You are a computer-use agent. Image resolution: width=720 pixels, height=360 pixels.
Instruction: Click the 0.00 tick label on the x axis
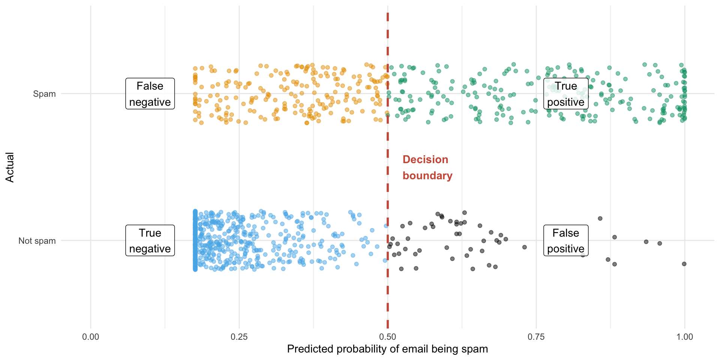[90, 337]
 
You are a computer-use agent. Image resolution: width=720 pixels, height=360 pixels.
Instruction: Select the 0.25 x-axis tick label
[239, 337]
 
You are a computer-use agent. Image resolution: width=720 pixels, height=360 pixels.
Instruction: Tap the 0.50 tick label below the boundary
[387, 337]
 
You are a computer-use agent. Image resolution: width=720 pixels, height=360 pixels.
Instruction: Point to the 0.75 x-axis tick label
[536, 337]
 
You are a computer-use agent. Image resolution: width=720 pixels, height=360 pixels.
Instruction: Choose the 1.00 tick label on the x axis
[684, 337]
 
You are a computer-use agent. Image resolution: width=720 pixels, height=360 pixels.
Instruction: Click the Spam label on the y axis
[44, 94]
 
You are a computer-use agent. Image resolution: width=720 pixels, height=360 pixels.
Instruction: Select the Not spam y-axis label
[37, 241]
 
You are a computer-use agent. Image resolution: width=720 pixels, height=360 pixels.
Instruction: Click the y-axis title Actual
[10, 167]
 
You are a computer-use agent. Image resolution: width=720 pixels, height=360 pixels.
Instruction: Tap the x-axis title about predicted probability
[387, 349]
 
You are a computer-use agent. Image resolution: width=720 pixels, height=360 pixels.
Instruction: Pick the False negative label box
[150, 94]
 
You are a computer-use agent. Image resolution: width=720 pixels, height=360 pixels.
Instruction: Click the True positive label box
[566, 94]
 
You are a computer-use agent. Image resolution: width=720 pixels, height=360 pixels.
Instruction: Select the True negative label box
[150, 241]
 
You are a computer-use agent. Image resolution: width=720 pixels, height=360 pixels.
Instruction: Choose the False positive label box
[566, 241]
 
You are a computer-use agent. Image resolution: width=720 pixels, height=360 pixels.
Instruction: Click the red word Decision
[425, 160]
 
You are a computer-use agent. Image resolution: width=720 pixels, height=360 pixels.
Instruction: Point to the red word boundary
[427, 176]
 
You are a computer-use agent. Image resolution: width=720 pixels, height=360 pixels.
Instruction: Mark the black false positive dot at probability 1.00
[684, 264]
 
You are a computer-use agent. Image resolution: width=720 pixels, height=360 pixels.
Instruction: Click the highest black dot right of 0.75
[600, 219]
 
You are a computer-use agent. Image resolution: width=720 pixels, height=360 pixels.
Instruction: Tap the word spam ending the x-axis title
[475, 349]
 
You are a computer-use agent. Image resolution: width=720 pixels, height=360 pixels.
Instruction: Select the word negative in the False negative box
[150, 102]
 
